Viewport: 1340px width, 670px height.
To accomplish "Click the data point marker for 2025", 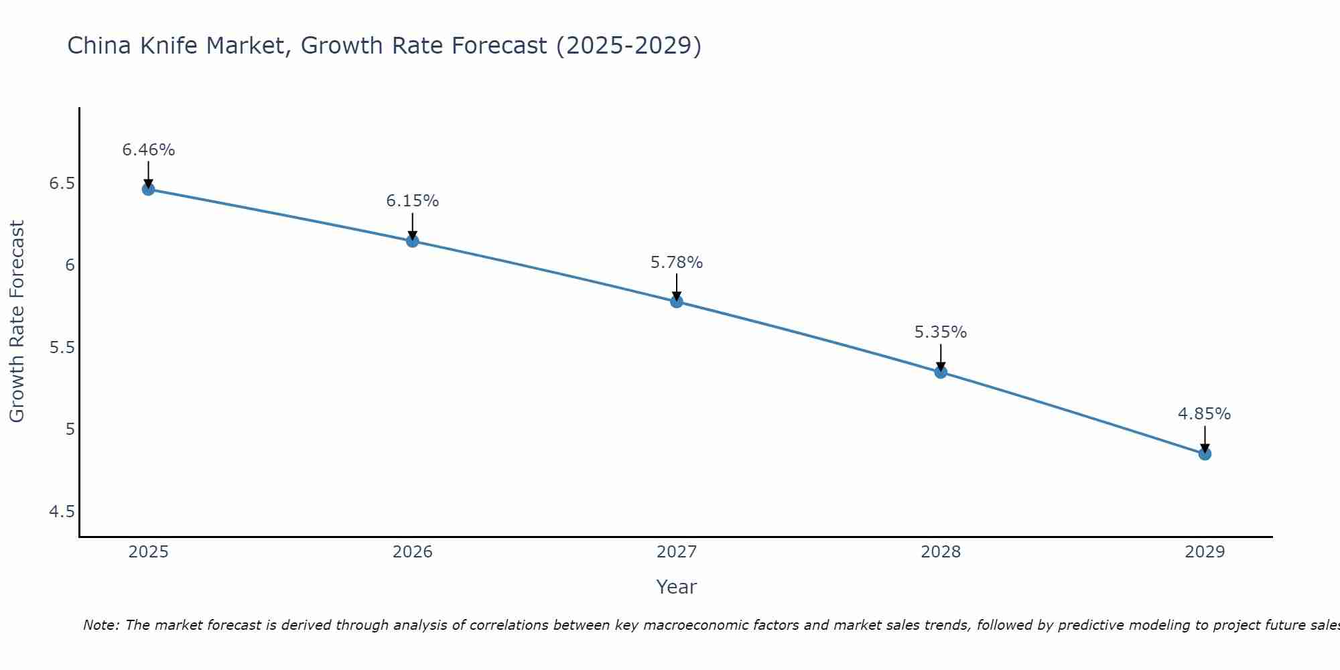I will tap(148, 190).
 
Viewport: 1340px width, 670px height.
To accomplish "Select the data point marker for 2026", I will tap(413, 241).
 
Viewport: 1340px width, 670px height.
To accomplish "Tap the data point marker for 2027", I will tap(677, 301).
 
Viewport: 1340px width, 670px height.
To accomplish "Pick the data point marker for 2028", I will tap(941, 372).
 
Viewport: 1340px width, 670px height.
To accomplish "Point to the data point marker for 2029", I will tap(1205, 454).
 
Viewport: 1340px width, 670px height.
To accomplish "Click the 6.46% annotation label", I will tap(148, 150).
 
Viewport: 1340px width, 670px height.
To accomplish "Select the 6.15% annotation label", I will tap(413, 201).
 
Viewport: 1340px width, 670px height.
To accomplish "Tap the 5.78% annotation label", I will tap(677, 263).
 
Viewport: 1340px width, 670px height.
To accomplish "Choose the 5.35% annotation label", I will tap(941, 332).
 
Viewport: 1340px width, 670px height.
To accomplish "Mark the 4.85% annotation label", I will tap(1205, 414).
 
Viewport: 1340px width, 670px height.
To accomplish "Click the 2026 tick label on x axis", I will tap(413, 552).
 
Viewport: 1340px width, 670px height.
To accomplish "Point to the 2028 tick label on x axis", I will tap(941, 552).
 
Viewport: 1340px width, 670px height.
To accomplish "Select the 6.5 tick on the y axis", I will tap(62, 184).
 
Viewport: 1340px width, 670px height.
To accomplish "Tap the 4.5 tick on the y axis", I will tap(62, 512).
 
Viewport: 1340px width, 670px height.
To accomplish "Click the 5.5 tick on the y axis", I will tap(62, 348).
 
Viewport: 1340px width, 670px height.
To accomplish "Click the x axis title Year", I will tap(677, 587).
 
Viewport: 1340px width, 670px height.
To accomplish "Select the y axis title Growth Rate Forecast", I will tap(17, 322).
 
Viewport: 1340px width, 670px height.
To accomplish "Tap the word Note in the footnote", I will tap(100, 625).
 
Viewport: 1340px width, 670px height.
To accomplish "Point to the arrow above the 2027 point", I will tap(677, 287).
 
